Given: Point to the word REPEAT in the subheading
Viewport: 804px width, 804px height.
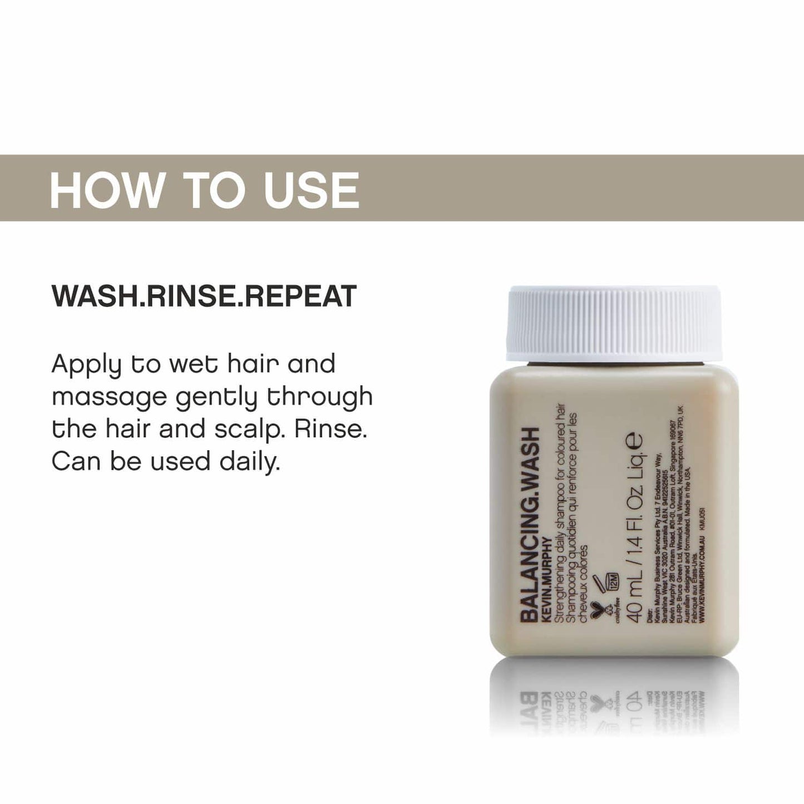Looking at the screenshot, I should pos(300,296).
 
